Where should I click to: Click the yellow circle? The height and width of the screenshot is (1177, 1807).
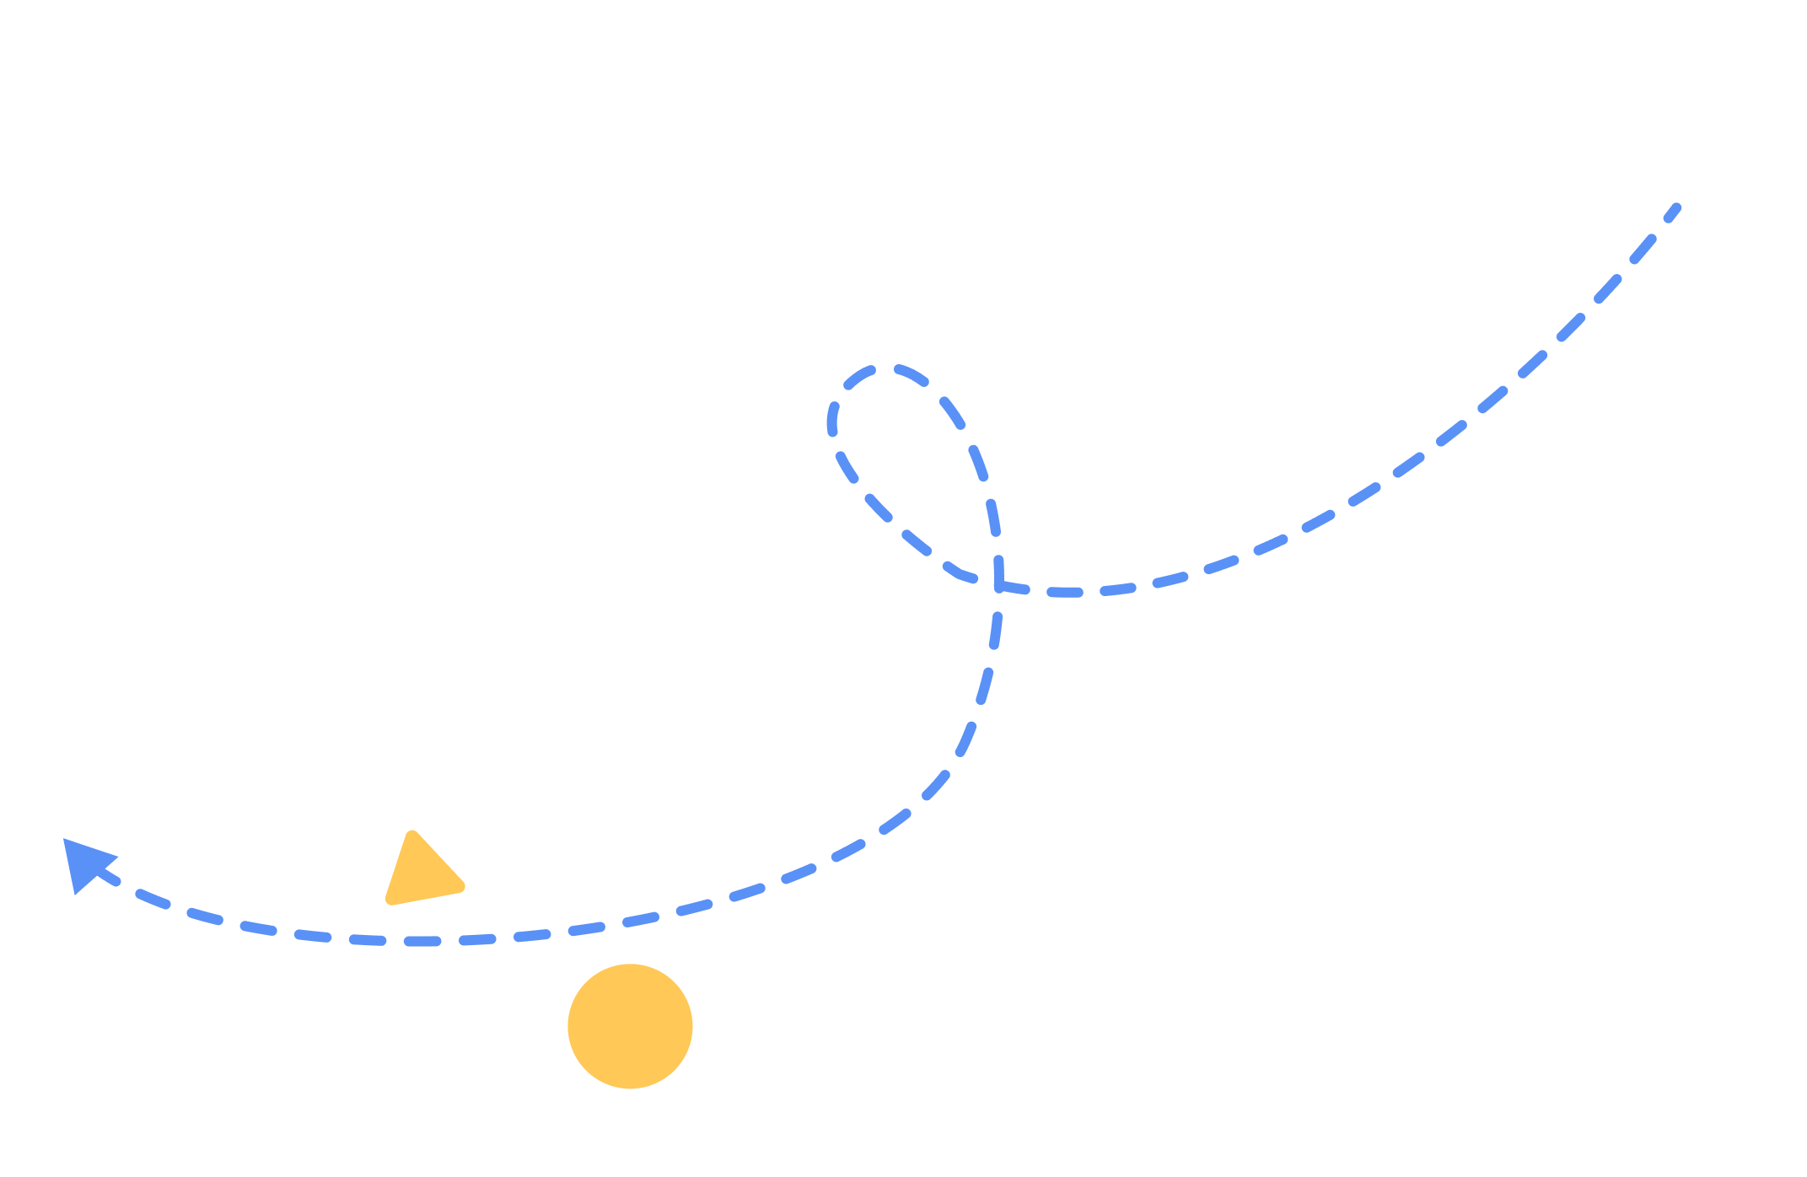630,1026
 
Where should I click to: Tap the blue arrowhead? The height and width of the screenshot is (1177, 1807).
84,863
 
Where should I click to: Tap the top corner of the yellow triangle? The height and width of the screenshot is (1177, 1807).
412,834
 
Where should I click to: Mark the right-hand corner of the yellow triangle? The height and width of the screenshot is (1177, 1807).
461,886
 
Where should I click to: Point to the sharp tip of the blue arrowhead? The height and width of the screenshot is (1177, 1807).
64,839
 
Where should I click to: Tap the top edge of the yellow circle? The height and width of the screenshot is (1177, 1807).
630,965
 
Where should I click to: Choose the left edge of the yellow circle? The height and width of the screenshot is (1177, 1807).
568,1026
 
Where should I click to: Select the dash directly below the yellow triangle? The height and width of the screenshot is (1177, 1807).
422,941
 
